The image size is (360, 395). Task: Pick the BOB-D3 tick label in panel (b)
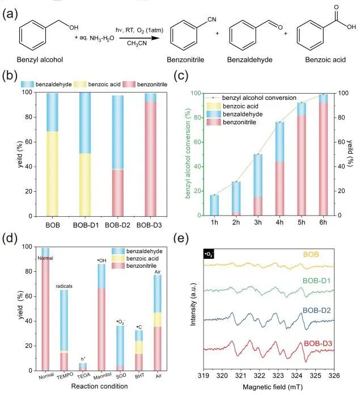point(150,224)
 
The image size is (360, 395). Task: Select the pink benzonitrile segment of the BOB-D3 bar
point(150,159)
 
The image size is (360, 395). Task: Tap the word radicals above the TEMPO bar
point(64,287)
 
